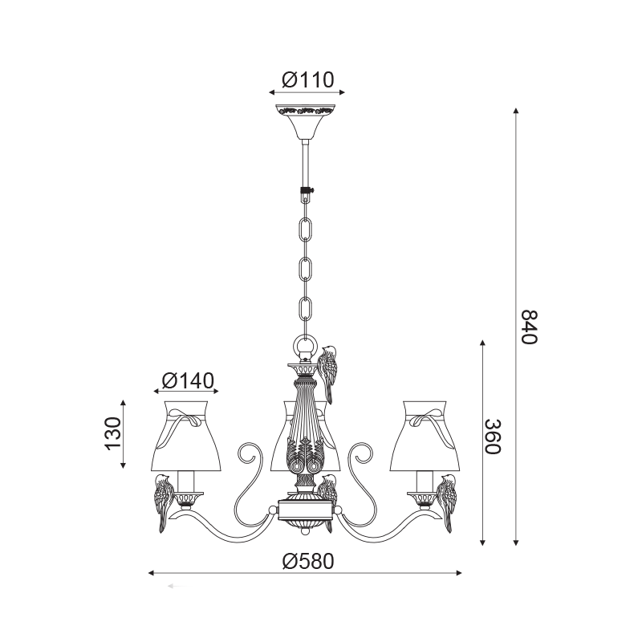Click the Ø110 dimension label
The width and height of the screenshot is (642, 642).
point(308,80)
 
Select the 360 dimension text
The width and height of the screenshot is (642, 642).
point(493,437)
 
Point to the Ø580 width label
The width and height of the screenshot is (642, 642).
point(308,562)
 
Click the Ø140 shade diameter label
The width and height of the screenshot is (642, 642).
point(188,380)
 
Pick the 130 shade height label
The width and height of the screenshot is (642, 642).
point(113,433)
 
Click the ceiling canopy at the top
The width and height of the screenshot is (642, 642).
point(305,122)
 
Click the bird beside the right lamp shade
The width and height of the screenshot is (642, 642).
point(446,503)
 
